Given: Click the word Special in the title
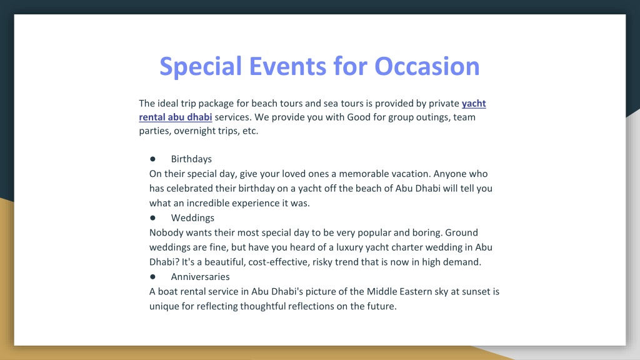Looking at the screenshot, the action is (201, 66).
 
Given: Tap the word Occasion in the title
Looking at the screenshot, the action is (427, 66).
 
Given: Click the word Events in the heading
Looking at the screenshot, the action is (287, 66).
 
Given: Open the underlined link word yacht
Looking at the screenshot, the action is (474, 104).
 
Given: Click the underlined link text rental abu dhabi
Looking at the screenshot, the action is (176, 117).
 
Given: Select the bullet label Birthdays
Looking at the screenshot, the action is (191, 159).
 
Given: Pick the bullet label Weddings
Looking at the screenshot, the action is (192, 218).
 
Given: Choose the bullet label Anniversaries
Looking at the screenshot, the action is (201, 277).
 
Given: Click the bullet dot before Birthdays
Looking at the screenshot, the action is (152, 159).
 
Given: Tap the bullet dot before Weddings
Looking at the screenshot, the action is (152, 217).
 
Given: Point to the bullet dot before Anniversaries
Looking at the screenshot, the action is (152, 276).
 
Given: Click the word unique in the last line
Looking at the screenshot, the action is (164, 306).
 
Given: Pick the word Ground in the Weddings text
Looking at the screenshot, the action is (461, 232).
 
